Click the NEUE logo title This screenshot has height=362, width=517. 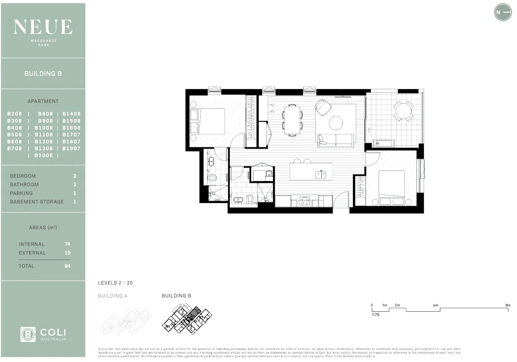click(43, 27)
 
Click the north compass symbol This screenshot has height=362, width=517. click(503, 12)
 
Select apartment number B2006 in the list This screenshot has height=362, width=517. click(44, 155)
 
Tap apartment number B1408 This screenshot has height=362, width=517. click(72, 114)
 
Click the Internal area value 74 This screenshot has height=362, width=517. click(67, 244)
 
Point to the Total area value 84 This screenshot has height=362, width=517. click(67, 266)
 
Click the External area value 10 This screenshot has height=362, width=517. click(67, 253)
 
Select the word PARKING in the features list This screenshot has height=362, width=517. click(21, 193)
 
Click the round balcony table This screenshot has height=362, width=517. click(403, 111)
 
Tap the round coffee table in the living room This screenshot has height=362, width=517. click(336, 123)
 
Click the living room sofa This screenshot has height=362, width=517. click(336, 140)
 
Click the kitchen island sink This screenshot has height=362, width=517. click(321, 174)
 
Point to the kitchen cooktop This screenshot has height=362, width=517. click(304, 201)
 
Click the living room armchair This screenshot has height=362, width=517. click(323, 107)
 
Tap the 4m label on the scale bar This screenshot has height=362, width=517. click(435, 305)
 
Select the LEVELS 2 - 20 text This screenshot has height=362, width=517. click(115, 283)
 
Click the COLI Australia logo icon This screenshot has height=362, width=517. click(28, 334)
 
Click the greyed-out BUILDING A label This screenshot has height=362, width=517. click(113, 296)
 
